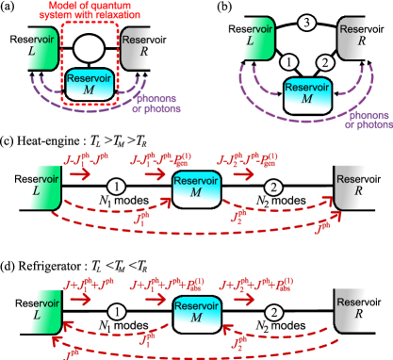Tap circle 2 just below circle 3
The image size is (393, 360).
pyautogui.click(x=324, y=63)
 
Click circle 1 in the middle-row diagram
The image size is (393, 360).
pyautogui.click(x=115, y=187)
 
